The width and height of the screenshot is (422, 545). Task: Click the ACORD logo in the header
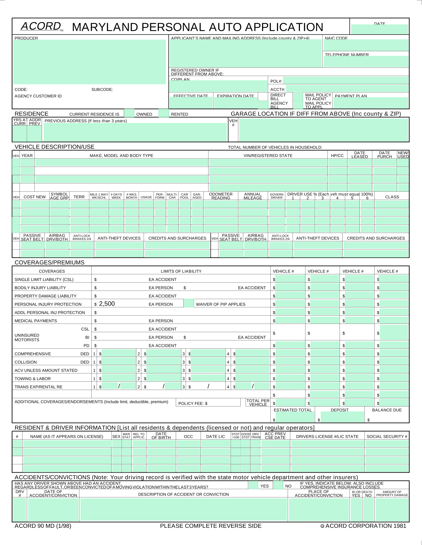coord(41,26)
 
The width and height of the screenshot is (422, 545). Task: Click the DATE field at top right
coord(379,29)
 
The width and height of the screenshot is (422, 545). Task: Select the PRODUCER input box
coord(89,62)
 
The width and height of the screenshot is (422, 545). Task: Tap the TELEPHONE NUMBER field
coord(366,61)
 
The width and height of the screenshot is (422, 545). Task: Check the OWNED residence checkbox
coord(129,113)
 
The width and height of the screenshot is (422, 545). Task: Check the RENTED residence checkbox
coord(164,113)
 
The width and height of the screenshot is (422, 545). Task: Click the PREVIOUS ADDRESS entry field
coord(135,132)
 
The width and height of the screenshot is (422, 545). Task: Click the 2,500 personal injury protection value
coord(107,304)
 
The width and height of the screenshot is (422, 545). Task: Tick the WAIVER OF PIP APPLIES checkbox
coord(189,303)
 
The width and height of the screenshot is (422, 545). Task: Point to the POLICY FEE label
coord(193,403)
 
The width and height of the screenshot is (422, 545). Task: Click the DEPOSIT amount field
coord(342,417)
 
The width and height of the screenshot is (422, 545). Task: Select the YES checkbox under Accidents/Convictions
coord(253,485)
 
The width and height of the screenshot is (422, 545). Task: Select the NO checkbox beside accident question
coord(278,485)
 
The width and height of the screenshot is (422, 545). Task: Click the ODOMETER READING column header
coord(221,196)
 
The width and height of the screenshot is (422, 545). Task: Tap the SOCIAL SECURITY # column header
coord(387,436)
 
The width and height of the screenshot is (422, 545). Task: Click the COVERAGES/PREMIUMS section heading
coord(50,262)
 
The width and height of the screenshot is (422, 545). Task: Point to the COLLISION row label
coord(26,362)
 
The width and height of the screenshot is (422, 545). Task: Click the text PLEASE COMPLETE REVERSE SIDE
coord(211,526)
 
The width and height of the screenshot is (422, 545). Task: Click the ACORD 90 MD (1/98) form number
coord(43,526)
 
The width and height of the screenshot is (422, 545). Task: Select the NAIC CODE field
coord(366,45)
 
